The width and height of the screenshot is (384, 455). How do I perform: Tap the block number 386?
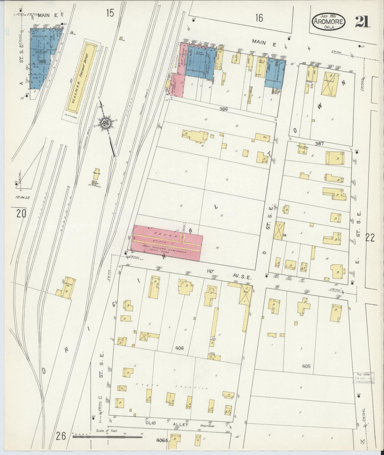tap(224, 109)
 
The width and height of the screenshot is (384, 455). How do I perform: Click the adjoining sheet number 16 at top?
tap(259, 18)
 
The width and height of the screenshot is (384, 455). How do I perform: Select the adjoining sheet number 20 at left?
tap(21, 213)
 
